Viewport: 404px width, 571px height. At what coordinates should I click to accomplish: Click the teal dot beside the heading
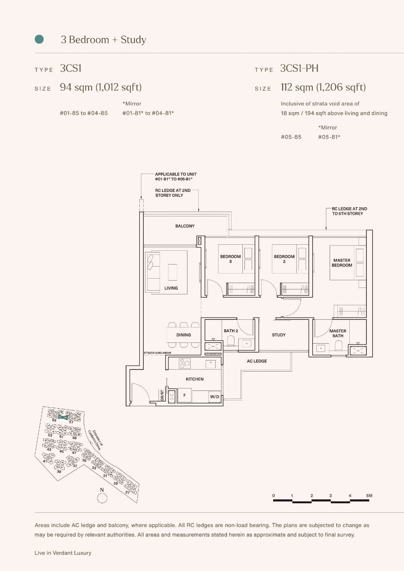(39, 39)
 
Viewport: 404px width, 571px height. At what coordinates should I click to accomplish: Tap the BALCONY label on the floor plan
(185, 226)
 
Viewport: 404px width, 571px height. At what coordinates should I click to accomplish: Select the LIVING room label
(171, 288)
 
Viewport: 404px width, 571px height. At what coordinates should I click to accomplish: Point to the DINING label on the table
(183, 335)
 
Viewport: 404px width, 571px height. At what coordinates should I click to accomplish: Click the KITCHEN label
(195, 379)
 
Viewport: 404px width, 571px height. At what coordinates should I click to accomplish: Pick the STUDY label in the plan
(279, 335)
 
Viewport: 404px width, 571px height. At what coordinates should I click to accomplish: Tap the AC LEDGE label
(257, 361)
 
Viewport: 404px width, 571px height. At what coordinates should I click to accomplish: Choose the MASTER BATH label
(338, 333)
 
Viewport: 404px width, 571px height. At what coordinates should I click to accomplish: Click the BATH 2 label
(231, 331)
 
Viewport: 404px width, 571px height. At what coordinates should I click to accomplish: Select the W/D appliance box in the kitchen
(215, 397)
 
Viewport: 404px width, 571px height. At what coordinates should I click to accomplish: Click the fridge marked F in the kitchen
(185, 395)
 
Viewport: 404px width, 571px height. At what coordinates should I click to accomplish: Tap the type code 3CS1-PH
(299, 68)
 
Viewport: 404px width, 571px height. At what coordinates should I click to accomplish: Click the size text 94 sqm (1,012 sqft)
(101, 87)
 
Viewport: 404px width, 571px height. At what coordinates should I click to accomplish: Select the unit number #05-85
(291, 137)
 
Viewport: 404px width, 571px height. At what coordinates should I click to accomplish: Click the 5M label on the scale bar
(369, 495)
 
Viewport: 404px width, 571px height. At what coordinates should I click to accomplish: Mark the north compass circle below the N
(102, 498)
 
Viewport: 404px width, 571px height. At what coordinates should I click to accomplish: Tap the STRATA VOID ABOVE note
(158, 353)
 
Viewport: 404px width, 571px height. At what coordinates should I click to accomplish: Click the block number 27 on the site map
(127, 492)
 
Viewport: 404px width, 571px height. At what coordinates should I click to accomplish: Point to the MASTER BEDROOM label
(342, 263)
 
